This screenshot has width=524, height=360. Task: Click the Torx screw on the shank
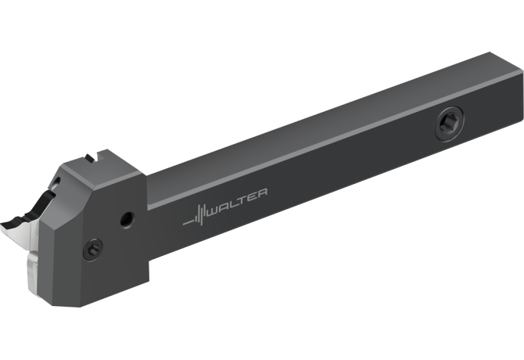[x=449, y=124]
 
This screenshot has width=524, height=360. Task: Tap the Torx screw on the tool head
[x=92, y=249]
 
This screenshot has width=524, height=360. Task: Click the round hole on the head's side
[x=127, y=220]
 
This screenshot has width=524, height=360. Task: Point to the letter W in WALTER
[x=214, y=211]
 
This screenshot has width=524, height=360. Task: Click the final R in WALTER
[x=262, y=193]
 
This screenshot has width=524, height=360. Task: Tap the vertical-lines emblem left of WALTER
[x=200, y=214]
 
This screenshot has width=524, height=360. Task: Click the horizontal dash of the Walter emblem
[x=188, y=222]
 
